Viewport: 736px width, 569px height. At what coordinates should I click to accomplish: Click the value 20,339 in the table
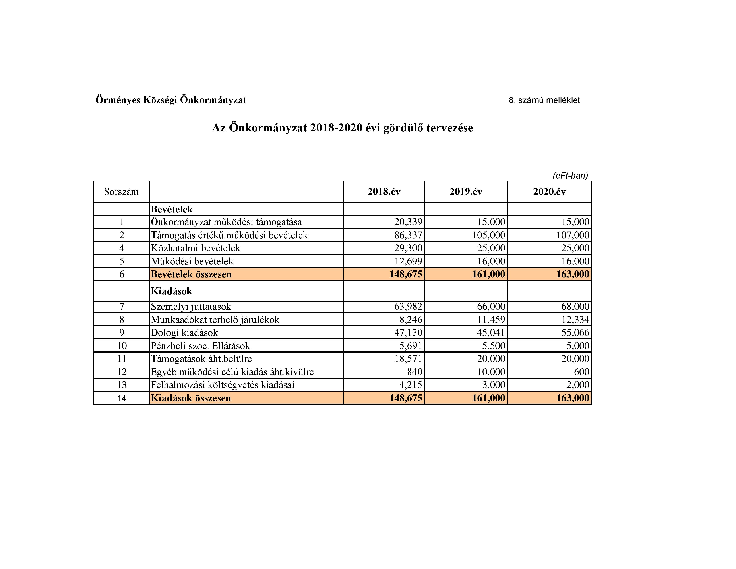pos(408,222)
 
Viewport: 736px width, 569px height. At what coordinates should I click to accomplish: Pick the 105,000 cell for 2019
pos(489,235)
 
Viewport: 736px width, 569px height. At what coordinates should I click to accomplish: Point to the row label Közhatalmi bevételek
pos(195,248)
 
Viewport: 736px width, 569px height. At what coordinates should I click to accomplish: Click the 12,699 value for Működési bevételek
pos(408,261)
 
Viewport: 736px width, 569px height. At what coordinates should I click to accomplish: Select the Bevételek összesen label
pos(191,274)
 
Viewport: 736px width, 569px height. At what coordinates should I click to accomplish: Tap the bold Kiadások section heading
pos(171,291)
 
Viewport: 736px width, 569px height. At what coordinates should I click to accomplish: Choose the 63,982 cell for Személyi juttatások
pos(408,306)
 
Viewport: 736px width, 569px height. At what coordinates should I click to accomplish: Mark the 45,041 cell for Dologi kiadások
pos(491,333)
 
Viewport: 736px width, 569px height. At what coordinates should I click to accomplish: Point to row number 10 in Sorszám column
pos(122,345)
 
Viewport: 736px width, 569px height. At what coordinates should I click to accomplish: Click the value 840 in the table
pos(415,372)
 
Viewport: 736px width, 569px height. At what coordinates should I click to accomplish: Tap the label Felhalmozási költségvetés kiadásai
pos(222,385)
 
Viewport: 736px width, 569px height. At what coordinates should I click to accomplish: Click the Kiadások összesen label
pos(191,398)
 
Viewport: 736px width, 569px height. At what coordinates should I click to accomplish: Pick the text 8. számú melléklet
pos(544,100)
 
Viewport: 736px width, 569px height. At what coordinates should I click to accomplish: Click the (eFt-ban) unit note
pos(570,176)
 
